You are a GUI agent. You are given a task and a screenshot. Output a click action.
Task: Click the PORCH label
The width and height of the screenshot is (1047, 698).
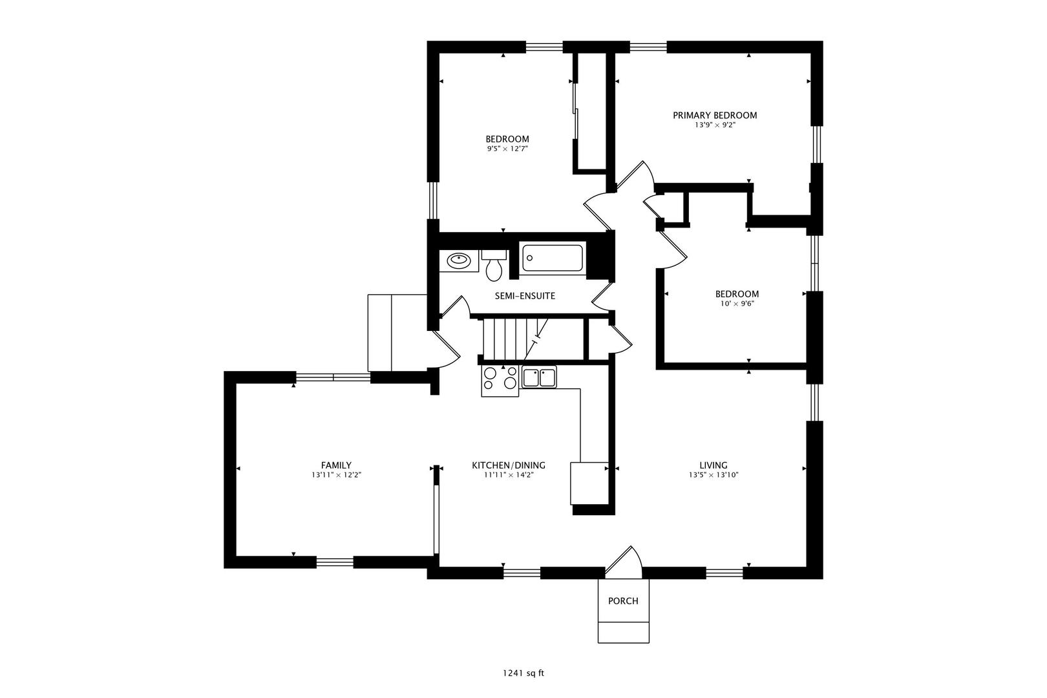click(x=623, y=601)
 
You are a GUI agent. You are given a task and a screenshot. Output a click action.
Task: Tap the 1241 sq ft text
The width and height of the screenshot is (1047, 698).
click(x=523, y=673)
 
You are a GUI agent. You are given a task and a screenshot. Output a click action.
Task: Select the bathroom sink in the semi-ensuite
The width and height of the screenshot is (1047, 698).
click(x=459, y=261)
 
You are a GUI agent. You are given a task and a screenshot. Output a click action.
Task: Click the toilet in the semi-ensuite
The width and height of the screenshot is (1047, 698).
click(x=494, y=266)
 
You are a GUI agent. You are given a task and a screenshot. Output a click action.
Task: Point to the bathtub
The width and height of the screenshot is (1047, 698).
click(x=553, y=259)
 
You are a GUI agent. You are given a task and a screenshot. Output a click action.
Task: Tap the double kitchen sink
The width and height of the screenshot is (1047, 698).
click(x=539, y=377)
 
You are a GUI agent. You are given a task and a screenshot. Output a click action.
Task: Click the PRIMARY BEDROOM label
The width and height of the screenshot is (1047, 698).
click(x=715, y=116)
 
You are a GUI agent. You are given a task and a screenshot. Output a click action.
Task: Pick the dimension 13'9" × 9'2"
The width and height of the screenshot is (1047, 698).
click(x=715, y=125)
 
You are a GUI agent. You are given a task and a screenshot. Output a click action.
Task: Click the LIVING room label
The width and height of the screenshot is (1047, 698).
click(x=713, y=465)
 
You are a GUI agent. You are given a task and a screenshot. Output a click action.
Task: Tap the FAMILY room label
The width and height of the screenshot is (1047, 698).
click(x=336, y=465)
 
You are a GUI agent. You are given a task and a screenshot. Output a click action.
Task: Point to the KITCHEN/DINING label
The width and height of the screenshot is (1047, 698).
click(x=509, y=465)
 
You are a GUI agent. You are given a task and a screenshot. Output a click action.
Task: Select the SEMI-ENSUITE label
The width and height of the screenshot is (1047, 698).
click(x=525, y=296)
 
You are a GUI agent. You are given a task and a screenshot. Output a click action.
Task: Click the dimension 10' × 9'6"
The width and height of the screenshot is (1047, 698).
click(x=737, y=303)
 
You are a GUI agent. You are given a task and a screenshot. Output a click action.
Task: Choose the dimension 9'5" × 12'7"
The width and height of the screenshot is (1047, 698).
click(x=507, y=149)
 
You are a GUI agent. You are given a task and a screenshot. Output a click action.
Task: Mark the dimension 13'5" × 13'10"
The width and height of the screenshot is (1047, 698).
click(x=713, y=475)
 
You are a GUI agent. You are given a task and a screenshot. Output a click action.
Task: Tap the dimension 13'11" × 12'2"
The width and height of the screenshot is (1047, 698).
click(x=336, y=475)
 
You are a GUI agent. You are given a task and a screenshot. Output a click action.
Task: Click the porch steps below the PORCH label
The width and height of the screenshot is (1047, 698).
click(x=623, y=632)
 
